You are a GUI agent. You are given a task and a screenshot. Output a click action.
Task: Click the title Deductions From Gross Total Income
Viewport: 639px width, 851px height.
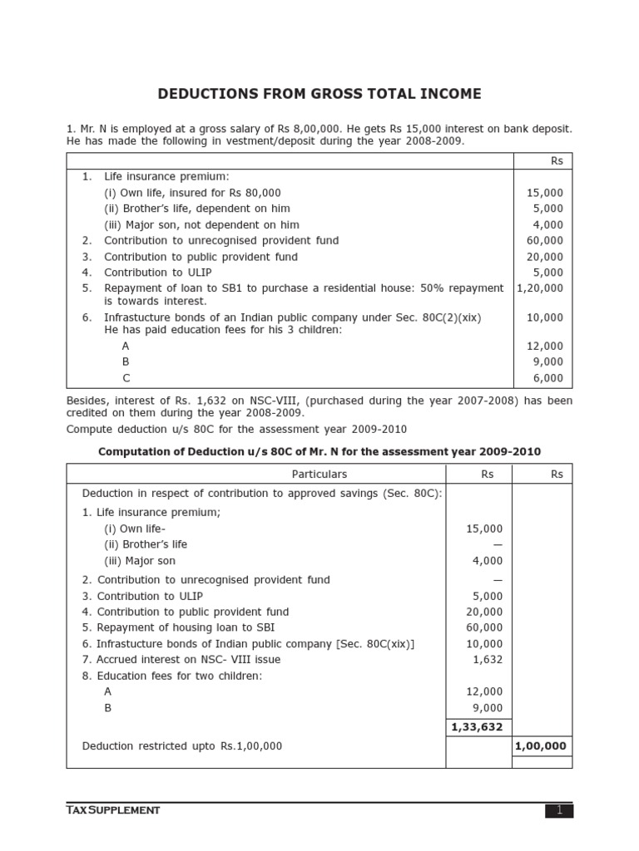click(x=319, y=94)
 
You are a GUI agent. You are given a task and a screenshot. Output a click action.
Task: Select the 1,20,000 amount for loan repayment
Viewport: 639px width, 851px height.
click(x=540, y=288)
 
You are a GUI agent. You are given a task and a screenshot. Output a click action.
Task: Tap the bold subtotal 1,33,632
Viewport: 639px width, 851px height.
click(x=477, y=726)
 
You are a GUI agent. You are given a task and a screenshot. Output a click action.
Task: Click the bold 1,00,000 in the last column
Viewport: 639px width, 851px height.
click(x=540, y=746)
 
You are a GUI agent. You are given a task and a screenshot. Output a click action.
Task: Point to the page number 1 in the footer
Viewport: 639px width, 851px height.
click(x=559, y=810)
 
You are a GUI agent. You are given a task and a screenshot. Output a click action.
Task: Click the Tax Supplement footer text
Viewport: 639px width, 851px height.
click(x=113, y=810)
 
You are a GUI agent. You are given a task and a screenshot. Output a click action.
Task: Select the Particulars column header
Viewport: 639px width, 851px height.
click(x=319, y=475)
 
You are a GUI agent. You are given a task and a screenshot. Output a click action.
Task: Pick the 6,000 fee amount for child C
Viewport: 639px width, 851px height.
click(x=547, y=378)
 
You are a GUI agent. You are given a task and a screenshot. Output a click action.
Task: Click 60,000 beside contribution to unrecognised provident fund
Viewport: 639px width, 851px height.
click(x=545, y=241)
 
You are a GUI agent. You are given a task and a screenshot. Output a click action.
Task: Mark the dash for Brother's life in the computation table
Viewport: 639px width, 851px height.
click(x=498, y=545)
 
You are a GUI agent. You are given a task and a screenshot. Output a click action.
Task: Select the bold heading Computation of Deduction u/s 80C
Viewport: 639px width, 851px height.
click(x=319, y=452)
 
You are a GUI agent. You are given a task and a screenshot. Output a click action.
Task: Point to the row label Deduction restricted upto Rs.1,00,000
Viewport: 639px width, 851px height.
click(x=181, y=746)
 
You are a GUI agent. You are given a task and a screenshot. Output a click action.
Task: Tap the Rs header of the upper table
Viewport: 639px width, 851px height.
click(x=557, y=161)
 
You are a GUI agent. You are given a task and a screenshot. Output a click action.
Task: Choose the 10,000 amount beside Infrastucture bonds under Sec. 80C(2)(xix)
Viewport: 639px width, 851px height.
click(x=545, y=317)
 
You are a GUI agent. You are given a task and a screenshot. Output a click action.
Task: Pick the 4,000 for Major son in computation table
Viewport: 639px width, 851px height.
click(x=488, y=561)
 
